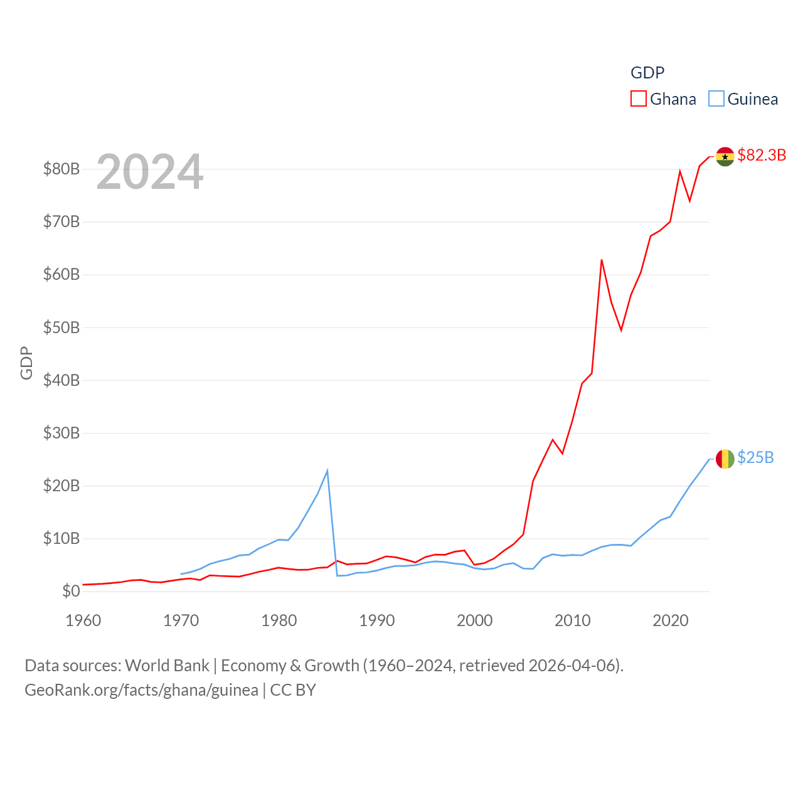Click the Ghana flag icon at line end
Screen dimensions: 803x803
point(725,157)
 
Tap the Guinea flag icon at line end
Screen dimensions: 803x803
point(725,459)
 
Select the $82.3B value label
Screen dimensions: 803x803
point(762,155)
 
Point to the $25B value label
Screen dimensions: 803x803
point(755,457)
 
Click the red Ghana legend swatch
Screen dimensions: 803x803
point(638,99)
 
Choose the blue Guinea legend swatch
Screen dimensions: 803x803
point(716,99)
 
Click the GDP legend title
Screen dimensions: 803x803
point(647,73)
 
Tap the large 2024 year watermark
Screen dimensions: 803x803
point(149,171)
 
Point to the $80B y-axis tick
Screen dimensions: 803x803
point(61,169)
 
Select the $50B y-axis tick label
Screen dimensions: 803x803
point(61,327)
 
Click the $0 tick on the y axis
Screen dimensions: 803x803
point(71,591)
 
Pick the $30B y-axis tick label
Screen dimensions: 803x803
point(61,433)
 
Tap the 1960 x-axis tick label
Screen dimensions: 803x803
point(83,620)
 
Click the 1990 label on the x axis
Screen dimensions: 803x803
point(377,620)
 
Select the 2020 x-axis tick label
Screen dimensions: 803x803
point(671,620)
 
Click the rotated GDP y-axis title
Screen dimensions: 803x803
point(26,363)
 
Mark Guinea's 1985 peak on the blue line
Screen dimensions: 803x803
point(327,471)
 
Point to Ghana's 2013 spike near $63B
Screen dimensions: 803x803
point(602,260)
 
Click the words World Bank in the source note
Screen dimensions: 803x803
point(167,666)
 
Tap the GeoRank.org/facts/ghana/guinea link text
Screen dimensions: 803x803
point(141,690)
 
